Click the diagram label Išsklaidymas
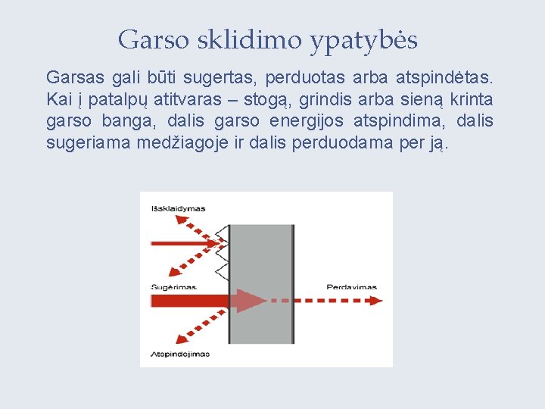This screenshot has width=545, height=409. coord(178,208)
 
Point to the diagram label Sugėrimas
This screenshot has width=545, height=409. coord(174,287)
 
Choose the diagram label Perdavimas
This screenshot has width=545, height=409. coord(352,287)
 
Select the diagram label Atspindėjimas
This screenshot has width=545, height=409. coord(180,354)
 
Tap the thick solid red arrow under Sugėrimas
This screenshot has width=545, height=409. coord(189,300)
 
